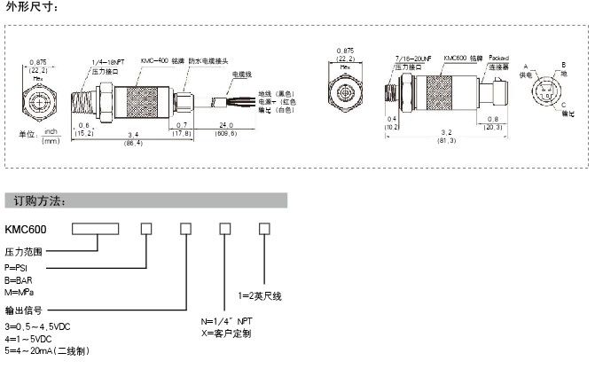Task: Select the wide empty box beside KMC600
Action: [96, 229]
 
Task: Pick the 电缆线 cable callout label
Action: [243, 74]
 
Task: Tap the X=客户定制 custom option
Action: [226, 334]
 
